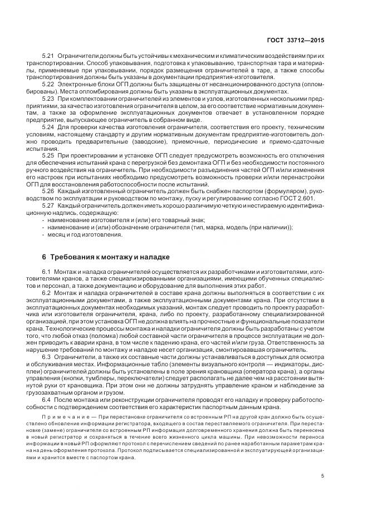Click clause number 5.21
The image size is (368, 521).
(x=48, y=58)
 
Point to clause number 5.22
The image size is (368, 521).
(x=48, y=83)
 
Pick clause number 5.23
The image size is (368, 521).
(x=48, y=99)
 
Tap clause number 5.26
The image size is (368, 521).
(x=48, y=190)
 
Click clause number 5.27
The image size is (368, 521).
(x=48, y=205)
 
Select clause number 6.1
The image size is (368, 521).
(x=47, y=270)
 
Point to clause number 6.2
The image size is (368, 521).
(x=47, y=292)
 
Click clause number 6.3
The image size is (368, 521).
(x=47, y=356)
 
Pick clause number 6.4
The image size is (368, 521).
(x=47, y=399)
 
